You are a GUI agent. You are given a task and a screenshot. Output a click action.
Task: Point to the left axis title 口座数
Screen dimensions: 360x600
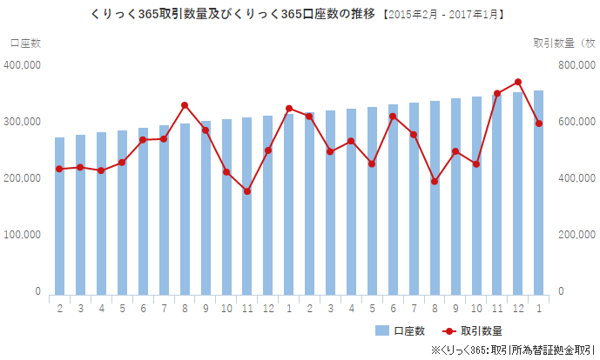click(25, 43)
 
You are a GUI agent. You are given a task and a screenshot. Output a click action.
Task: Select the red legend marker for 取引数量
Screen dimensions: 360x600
click(449, 330)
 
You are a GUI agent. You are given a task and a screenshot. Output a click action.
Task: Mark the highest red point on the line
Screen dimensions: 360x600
click(518, 82)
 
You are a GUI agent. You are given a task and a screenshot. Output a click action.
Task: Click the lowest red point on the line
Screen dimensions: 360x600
click(247, 191)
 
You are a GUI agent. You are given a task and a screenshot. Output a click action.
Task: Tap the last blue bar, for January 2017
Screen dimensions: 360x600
click(539, 191)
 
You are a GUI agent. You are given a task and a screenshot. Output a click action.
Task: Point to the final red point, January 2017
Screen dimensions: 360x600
click(539, 123)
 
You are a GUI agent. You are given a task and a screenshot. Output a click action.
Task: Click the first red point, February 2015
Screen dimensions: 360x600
click(59, 169)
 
